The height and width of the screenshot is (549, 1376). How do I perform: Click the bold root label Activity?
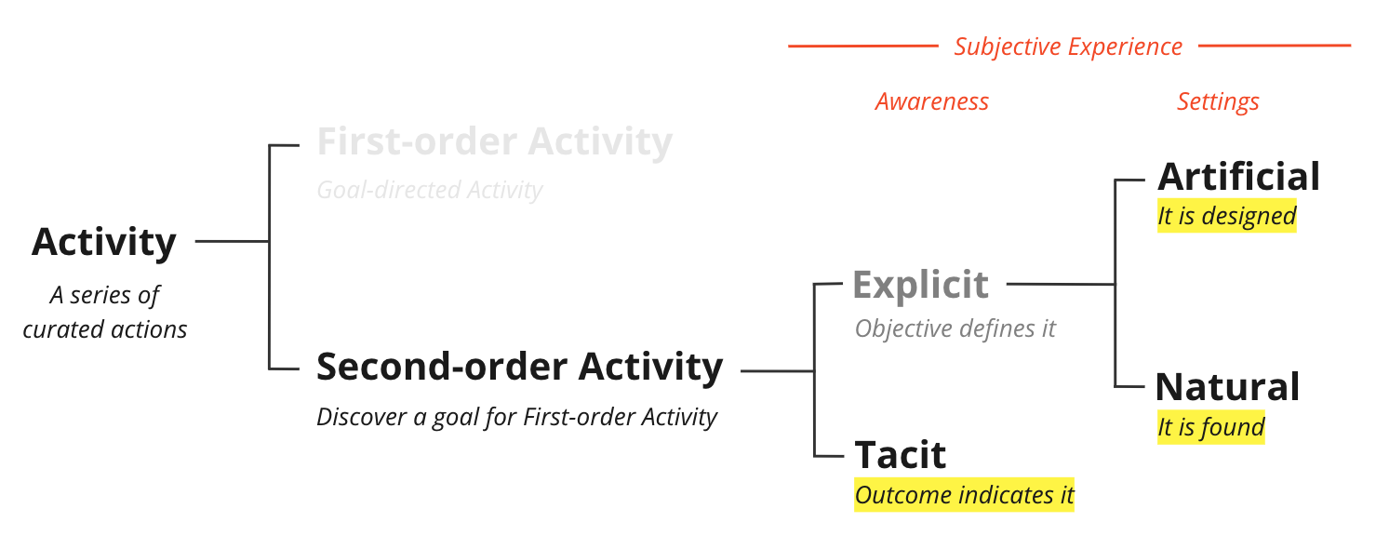pos(104,243)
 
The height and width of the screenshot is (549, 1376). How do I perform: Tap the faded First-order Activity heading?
pos(495,141)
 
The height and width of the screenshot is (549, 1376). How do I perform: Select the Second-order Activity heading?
pos(520,368)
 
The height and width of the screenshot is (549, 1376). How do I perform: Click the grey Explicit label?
pos(921,286)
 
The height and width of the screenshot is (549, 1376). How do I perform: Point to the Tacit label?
pos(901,455)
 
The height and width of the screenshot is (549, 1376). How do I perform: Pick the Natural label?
pos(1228,387)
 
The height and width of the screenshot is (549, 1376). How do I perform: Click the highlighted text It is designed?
pos(1227,216)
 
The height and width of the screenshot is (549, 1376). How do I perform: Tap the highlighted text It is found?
pos(1210,427)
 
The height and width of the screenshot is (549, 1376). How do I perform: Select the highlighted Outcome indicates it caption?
pos(964,495)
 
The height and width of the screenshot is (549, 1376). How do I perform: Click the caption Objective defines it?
pos(955,328)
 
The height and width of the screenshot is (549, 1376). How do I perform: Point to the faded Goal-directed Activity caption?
pos(430,191)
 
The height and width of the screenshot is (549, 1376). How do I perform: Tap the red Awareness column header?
pos(932,101)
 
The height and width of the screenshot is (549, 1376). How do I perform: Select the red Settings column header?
pos(1218,102)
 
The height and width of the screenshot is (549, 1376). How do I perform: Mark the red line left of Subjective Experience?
pos(863,46)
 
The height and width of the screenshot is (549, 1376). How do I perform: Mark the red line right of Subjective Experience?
pos(1275,46)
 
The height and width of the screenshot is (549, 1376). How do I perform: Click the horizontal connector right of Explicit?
pos(1061,285)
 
